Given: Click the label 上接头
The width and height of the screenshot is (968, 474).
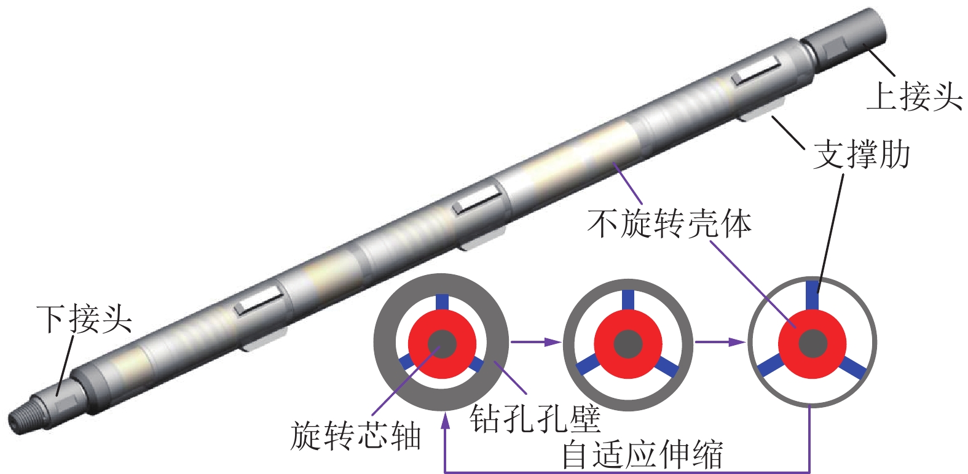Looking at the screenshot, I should coord(914,96).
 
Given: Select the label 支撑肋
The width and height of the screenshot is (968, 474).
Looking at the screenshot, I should coord(861,155).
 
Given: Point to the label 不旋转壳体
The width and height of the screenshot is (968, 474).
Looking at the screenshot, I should coord(669,223).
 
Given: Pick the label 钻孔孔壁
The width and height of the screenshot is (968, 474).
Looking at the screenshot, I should coord(535,419).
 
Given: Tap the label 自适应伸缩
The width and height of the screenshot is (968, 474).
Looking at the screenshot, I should coord(642,455).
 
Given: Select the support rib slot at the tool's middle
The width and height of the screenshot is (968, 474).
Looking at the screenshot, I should coord(476,201).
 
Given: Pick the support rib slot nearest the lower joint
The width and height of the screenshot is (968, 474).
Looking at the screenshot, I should coord(259,300).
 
